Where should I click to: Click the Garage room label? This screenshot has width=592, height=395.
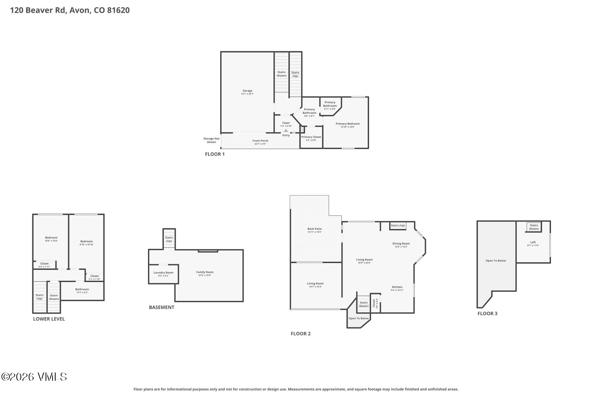[x=247, y=91]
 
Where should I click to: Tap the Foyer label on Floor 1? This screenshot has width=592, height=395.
[x=286, y=123]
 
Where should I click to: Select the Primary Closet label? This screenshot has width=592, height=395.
[x=311, y=137]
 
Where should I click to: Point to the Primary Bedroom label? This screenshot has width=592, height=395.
[x=348, y=124]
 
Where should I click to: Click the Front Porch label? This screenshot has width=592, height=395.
[x=260, y=141]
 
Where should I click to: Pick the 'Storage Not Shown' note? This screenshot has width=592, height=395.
[x=211, y=140]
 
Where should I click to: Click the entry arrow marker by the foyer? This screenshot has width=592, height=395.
[x=286, y=130]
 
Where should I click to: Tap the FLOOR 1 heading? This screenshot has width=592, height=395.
[x=215, y=154]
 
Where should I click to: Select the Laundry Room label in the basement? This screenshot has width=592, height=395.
[x=163, y=273]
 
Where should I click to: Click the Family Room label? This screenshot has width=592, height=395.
[x=205, y=272]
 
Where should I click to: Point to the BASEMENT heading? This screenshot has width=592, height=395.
[x=161, y=307]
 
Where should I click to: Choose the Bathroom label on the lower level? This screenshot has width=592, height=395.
[x=82, y=289]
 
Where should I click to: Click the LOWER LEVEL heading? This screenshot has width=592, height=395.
[x=49, y=319]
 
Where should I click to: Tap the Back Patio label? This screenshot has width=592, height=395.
[x=315, y=229]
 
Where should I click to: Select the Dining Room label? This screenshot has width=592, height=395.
[x=401, y=244]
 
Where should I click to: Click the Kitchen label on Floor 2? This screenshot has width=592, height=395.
[x=397, y=287]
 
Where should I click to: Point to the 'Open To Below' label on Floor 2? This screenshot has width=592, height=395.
[x=359, y=318]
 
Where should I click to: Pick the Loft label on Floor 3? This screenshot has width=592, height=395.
[x=533, y=242]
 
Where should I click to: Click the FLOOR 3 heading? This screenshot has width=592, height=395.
[x=487, y=314]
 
